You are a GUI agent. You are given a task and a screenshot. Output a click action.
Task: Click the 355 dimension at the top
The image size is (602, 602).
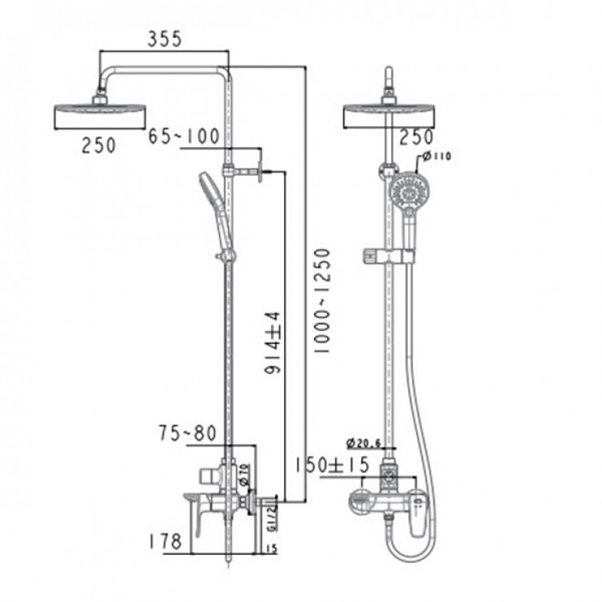coord(164,38)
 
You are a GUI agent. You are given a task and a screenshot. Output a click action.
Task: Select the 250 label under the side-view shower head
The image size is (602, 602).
coord(98,145)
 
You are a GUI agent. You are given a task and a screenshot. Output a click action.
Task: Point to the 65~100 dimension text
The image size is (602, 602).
coord(184,136)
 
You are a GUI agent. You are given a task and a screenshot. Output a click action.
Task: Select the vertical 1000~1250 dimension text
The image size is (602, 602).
coord(322,300)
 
